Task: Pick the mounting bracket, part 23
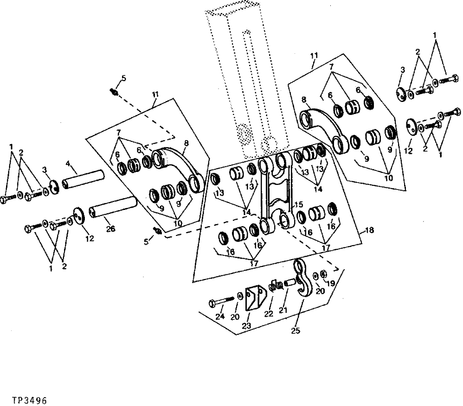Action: click(x=253, y=299)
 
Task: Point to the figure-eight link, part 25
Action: click(x=302, y=279)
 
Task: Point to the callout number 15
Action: click(x=298, y=204)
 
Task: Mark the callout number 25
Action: click(x=295, y=330)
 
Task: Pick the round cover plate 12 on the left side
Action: click(x=79, y=217)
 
